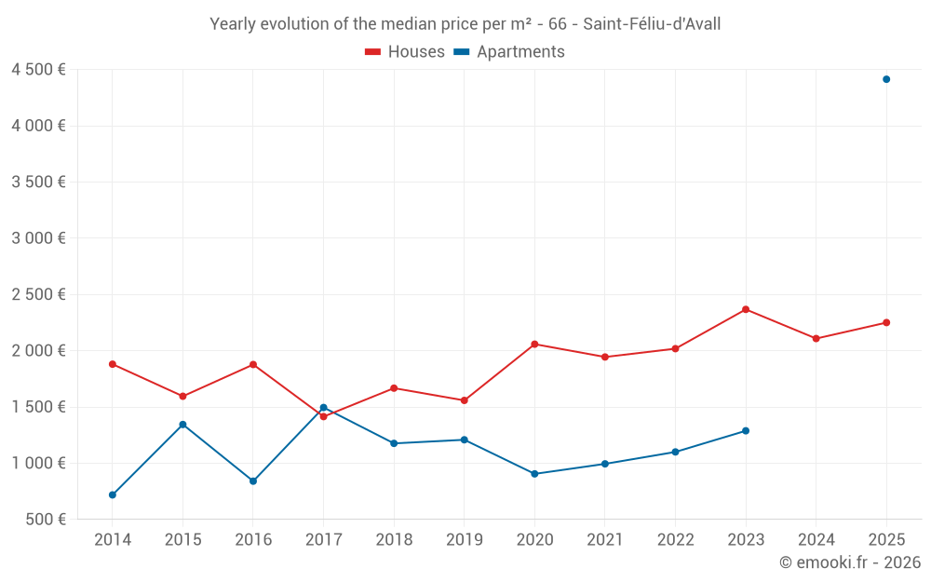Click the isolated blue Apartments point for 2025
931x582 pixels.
pos(886,79)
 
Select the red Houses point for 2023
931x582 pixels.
pos(746,309)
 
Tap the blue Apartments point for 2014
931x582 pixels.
pos(113,494)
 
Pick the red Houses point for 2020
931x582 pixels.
pos(535,345)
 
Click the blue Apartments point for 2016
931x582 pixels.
pos(253,481)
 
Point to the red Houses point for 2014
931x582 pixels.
pos(113,364)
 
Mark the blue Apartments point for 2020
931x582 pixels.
pos(535,474)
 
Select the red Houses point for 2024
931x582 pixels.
pos(816,339)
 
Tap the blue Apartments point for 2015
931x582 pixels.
pos(182,425)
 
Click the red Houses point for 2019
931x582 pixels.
pos(465,400)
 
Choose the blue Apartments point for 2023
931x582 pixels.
pos(746,430)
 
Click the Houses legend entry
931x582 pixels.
pos(405,51)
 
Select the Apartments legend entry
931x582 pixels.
pos(509,51)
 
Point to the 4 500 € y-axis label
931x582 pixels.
pos(38,70)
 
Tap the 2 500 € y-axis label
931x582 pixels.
pos(38,294)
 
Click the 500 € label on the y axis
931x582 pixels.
pos(46,519)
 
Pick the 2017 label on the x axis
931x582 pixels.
pos(324,539)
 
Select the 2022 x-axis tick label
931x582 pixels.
pos(676,539)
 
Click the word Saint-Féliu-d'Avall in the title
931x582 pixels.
pos(652,24)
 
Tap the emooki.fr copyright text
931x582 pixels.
pos(850,562)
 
